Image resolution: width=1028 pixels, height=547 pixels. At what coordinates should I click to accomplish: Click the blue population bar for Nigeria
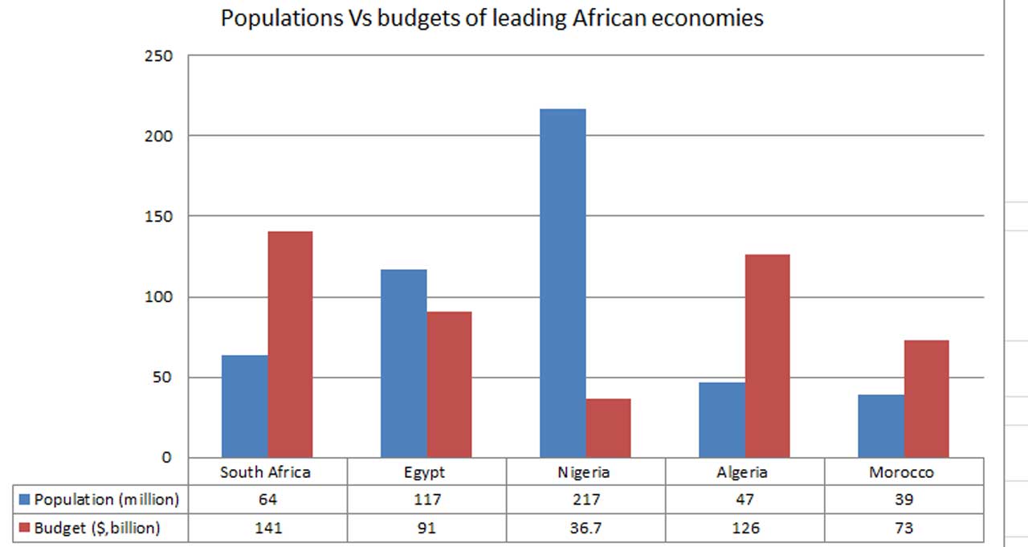[562, 283]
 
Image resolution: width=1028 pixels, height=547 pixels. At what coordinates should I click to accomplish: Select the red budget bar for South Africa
[290, 345]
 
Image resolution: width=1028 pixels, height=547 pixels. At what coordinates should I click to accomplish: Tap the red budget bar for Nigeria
[608, 428]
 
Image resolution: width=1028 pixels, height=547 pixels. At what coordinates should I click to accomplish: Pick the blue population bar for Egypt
[403, 363]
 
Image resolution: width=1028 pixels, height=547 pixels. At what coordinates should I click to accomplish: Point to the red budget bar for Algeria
[767, 356]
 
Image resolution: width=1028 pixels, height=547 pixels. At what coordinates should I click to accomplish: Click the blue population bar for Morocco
[880, 426]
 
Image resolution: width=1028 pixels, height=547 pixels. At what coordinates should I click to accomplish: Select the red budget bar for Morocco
[926, 398]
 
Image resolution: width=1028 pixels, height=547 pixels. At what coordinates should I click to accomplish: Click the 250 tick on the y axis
[159, 55]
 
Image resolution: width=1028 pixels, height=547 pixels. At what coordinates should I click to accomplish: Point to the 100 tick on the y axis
[159, 297]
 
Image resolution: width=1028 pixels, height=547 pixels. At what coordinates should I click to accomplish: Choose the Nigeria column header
[584, 472]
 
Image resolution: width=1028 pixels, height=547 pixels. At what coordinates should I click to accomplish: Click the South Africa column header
[265, 472]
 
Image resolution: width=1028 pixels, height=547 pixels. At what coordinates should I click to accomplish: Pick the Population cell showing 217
[585, 500]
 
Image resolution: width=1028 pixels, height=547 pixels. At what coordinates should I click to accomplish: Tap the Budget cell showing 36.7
[585, 528]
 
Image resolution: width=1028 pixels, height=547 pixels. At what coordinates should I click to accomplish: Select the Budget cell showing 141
[267, 528]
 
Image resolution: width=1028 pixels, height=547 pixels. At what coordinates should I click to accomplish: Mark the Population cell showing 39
[904, 500]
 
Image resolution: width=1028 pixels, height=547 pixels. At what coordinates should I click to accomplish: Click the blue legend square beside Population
[25, 500]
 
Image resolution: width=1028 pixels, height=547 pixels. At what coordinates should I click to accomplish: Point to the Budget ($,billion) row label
[97, 528]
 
